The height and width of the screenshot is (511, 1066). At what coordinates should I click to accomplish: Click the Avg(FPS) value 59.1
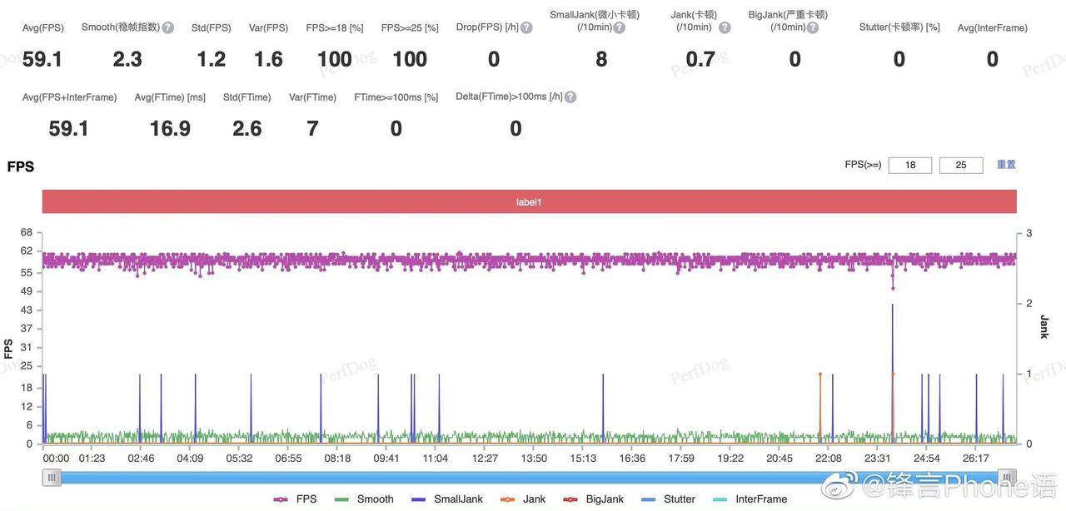(42, 59)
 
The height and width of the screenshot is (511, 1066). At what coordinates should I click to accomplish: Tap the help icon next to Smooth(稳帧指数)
(168, 27)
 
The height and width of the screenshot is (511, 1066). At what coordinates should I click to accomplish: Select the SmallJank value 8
(601, 59)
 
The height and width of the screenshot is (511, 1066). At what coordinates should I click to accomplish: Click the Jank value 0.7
(700, 59)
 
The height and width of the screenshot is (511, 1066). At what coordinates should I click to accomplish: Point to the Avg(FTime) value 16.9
(170, 128)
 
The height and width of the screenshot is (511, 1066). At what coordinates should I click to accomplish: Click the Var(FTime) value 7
(312, 128)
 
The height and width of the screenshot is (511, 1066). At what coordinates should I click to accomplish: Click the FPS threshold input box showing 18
(910, 165)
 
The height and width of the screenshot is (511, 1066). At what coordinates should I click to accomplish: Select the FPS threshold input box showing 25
(961, 165)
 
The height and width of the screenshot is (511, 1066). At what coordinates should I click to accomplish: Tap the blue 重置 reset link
(1006, 165)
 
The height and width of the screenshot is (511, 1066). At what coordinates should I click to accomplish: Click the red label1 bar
(529, 201)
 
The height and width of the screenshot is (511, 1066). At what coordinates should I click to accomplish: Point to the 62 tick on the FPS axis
(26, 251)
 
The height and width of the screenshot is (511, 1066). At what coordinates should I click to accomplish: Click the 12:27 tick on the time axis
(485, 459)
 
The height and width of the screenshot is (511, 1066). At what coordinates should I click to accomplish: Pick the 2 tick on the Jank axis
(1029, 303)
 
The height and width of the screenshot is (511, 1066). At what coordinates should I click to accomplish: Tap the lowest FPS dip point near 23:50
(893, 288)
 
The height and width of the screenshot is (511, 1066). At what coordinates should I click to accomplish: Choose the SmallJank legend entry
(447, 499)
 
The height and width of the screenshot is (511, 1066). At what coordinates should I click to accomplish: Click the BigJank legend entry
(593, 499)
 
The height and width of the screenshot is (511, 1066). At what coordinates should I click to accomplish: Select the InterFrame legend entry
(750, 499)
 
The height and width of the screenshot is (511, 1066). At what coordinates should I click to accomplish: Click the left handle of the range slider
(52, 477)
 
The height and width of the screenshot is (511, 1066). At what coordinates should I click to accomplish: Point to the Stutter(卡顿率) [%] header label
(899, 27)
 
